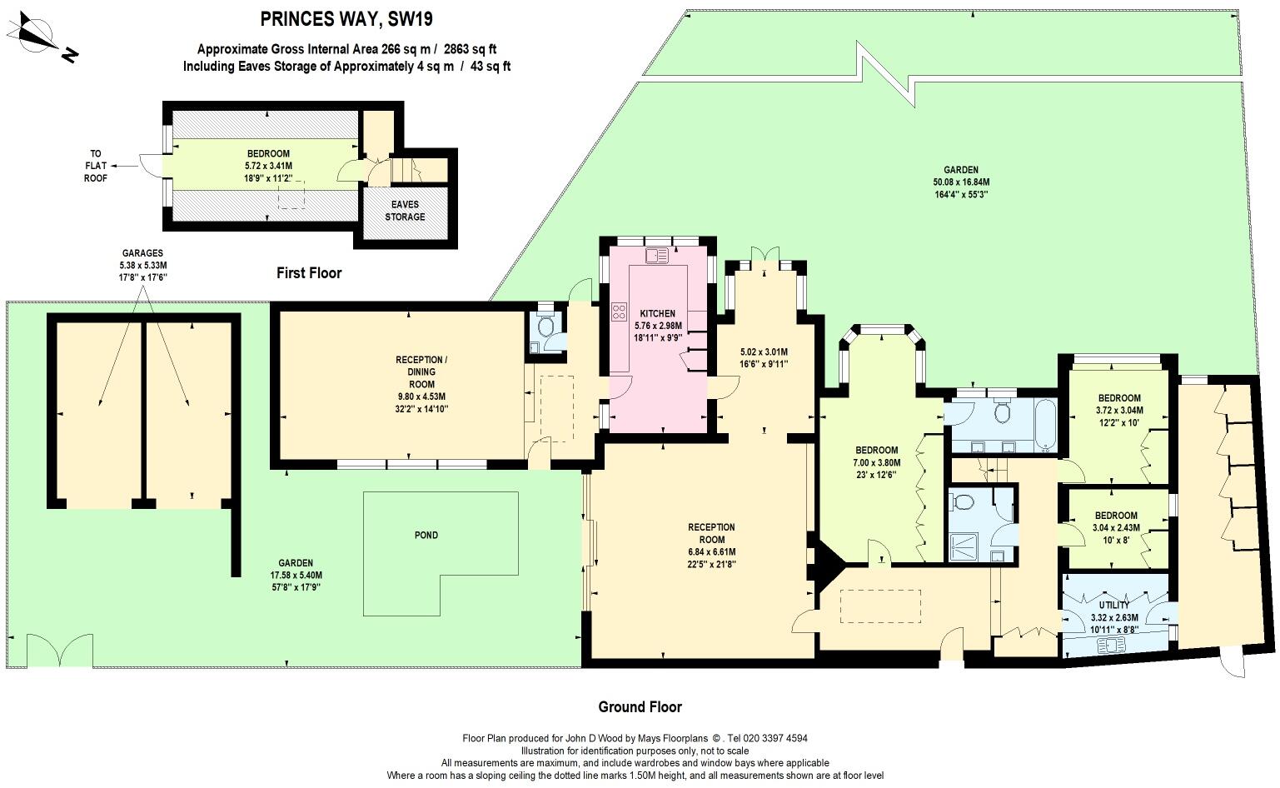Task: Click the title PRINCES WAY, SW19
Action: [346, 19]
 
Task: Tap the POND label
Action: [426, 536]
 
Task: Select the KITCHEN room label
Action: [657, 313]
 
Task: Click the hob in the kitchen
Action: [619, 312]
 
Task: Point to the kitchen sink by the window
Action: [657, 256]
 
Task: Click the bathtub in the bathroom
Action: [1046, 426]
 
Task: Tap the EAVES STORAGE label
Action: [405, 210]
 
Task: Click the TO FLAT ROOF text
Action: [96, 166]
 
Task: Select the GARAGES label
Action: [142, 253]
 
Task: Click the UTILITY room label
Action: [1113, 605]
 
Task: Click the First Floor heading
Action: [309, 273]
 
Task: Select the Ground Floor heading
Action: [640, 707]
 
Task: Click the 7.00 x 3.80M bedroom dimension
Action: [877, 462]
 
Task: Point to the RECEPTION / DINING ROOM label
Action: [421, 372]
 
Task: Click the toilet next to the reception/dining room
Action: [545, 327]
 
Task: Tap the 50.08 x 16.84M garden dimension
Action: [960, 182]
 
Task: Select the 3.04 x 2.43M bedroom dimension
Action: [1116, 527]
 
